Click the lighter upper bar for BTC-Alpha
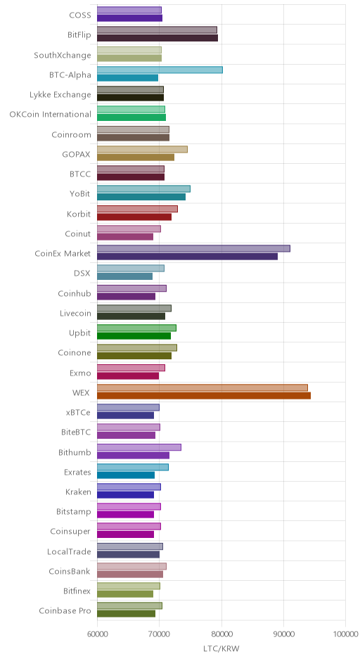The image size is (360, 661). (160, 70)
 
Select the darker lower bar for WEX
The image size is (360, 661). (204, 395)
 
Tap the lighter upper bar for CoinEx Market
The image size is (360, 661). (193, 249)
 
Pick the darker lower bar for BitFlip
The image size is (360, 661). (157, 38)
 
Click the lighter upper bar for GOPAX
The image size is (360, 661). (142, 150)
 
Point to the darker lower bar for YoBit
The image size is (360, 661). (141, 197)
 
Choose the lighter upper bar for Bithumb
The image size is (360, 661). (139, 447)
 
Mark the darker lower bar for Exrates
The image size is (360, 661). (126, 475)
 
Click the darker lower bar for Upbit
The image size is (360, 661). (134, 336)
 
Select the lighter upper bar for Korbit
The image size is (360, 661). (137, 209)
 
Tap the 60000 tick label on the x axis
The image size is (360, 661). (97, 634)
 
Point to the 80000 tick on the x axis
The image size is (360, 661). (221, 634)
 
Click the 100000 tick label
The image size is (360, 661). (345, 634)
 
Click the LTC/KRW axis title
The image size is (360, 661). (221, 649)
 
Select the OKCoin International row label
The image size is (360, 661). (50, 114)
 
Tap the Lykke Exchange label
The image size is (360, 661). (60, 94)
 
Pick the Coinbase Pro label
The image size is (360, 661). (65, 611)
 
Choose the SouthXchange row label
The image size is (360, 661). (63, 56)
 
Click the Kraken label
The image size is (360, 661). (78, 492)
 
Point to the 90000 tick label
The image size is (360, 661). (283, 634)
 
